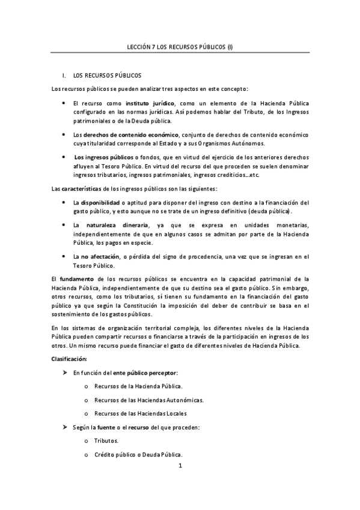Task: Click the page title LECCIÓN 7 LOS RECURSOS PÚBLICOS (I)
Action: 180,46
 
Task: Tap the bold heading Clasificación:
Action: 70,359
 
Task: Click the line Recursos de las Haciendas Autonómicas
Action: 148,400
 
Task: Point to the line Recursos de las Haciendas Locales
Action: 140,413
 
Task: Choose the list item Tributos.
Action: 106,441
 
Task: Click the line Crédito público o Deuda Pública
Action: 138,454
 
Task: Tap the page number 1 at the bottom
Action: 180,465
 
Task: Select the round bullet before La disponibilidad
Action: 64,203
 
